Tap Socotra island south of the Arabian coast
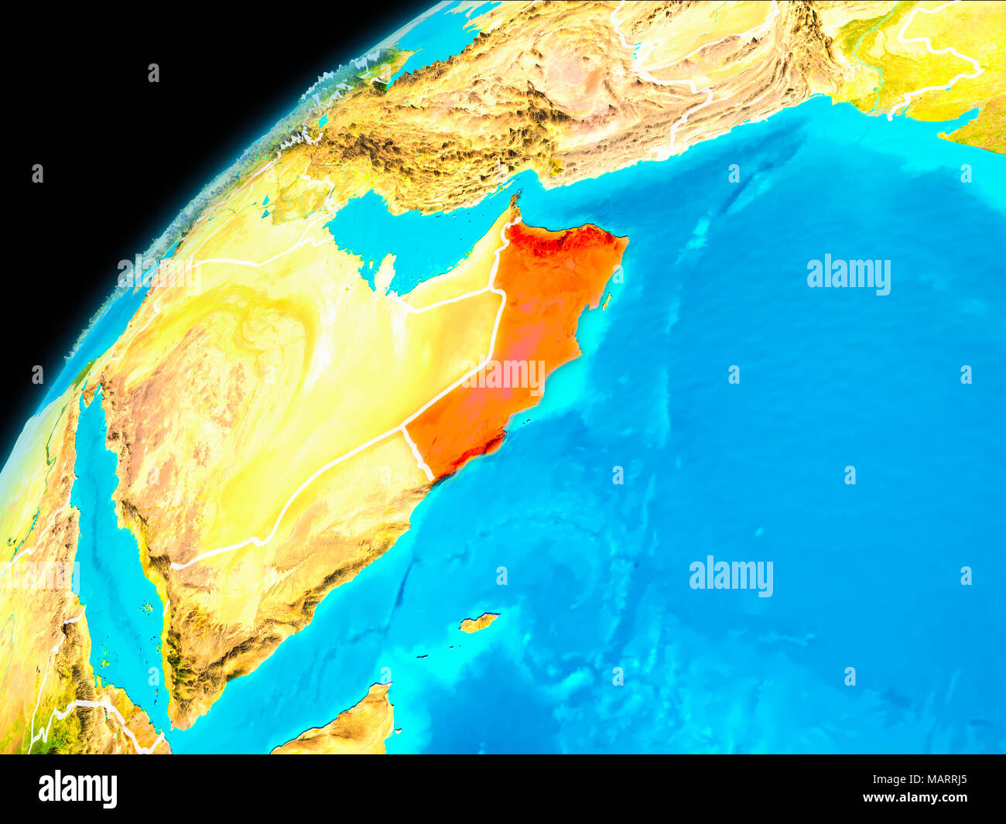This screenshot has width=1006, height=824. pyautogui.click(x=479, y=622)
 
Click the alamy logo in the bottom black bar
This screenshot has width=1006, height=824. pyautogui.click(x=78, y=788)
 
